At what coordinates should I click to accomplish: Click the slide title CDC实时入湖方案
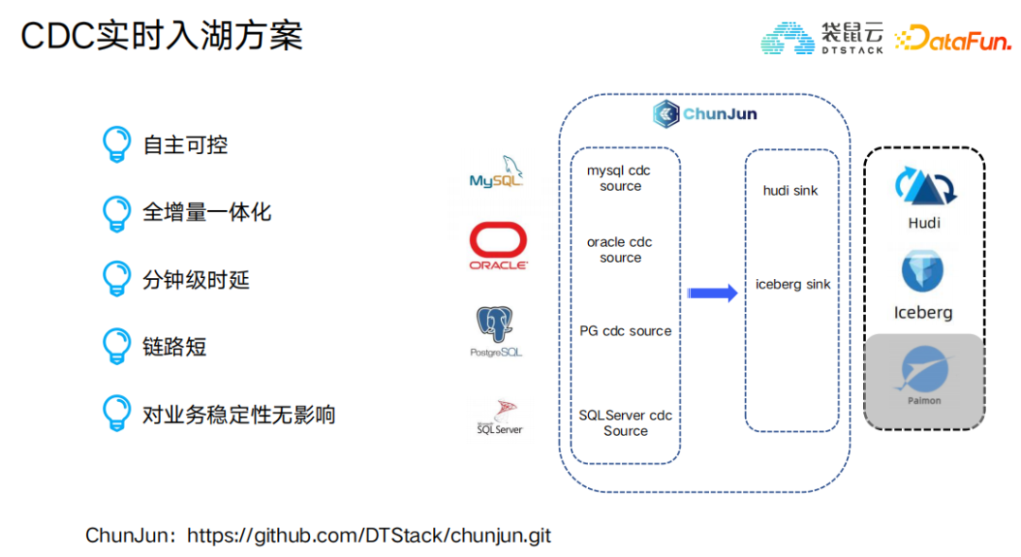162,36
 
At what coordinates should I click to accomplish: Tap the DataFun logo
952,38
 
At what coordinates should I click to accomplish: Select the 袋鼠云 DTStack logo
822,38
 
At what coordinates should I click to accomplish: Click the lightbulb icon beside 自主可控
116,145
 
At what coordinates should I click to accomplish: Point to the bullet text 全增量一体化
207,212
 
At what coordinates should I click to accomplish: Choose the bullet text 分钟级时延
196,280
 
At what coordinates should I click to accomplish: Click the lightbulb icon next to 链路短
116,347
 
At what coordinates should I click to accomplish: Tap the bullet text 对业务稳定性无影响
238,414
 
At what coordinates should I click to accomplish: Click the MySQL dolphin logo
496,172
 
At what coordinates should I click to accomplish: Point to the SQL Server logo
499,417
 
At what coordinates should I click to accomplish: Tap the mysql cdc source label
620,179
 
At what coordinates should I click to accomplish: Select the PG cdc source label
626,331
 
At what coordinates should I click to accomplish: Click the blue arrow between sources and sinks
712,293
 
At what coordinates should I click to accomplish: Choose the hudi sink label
790,191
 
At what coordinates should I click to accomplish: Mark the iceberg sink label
792,284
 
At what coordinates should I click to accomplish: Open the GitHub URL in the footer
369,535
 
